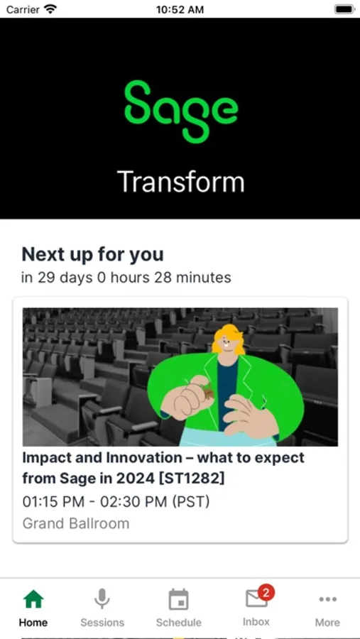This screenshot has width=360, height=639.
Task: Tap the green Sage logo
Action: [x=181, y=111]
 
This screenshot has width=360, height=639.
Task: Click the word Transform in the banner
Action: [x=180, y=182]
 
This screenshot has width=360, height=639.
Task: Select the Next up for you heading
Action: [x=92, y=254]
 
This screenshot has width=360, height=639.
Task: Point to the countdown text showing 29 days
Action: [x=126, y=278]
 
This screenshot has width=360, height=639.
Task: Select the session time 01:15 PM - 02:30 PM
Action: [x=116, y=501]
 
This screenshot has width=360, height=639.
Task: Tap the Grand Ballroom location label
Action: [x=76, y=524]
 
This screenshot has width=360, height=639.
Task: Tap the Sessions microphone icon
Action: [x=102, y=600]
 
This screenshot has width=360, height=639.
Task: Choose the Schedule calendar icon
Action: [x=178, y=600]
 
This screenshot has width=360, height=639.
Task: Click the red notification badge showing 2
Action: [x=266, y=591]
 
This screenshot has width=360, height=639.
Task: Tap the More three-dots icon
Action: [x=327, y=600]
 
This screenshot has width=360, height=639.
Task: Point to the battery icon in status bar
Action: [x=344, y=9]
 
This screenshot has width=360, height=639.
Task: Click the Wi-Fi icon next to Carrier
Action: [x=50, y=9]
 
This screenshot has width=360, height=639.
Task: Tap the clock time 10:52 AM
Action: [x=180, y=9]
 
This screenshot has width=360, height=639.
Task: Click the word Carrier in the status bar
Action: [x=23, y=9]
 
